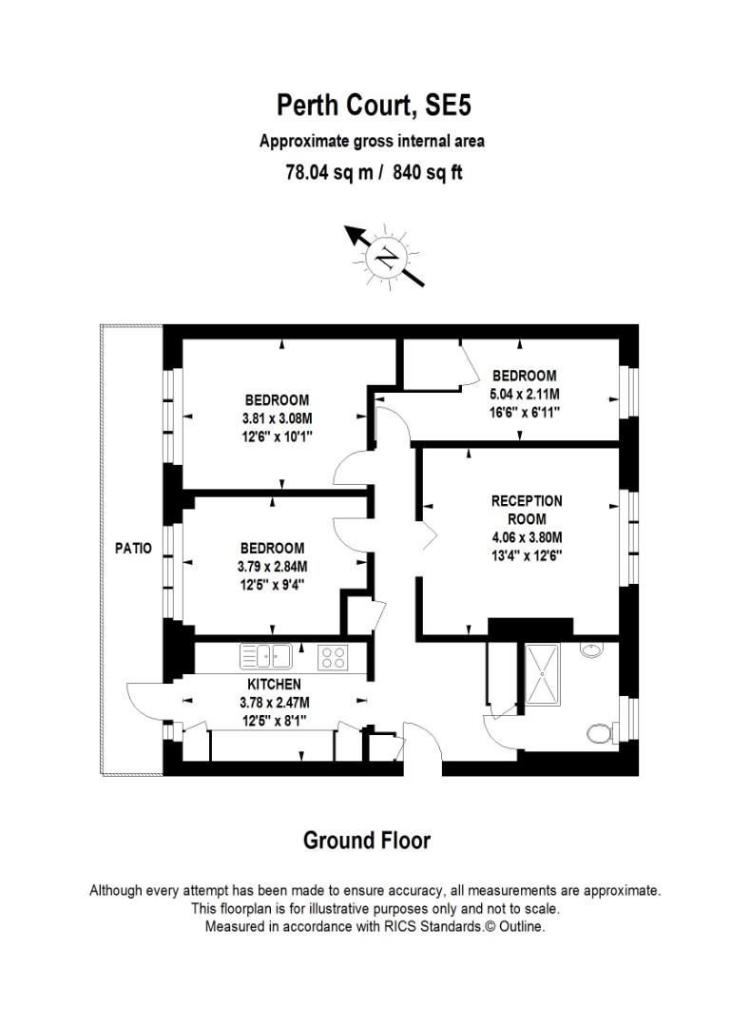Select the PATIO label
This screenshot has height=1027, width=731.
133,549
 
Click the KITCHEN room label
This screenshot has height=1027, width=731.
274,684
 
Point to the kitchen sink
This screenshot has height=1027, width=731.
265,655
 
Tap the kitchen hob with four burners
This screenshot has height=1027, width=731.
333,655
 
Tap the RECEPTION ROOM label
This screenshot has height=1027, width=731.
527,510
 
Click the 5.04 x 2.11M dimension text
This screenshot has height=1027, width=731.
524,394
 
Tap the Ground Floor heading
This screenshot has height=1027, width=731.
366,841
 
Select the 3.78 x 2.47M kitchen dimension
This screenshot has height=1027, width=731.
274,702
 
